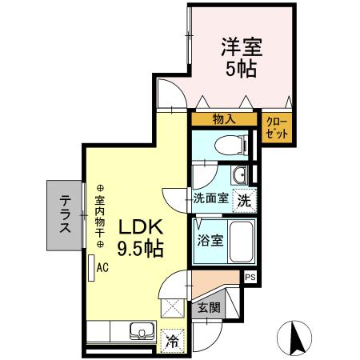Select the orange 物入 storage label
coord(223,120)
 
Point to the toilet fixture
coord(230,145)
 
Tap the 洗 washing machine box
coord(246,202)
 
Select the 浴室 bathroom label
coord(211,238)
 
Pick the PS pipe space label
coord(250,278)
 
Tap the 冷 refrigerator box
coord(170,339)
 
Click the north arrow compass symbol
coord(294,339)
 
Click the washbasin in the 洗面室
coord(237,175)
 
